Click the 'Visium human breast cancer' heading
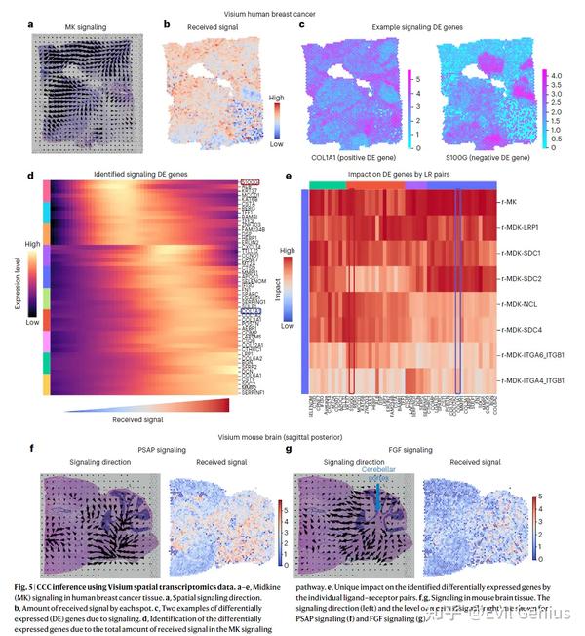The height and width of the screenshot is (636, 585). tap(277, 9)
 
